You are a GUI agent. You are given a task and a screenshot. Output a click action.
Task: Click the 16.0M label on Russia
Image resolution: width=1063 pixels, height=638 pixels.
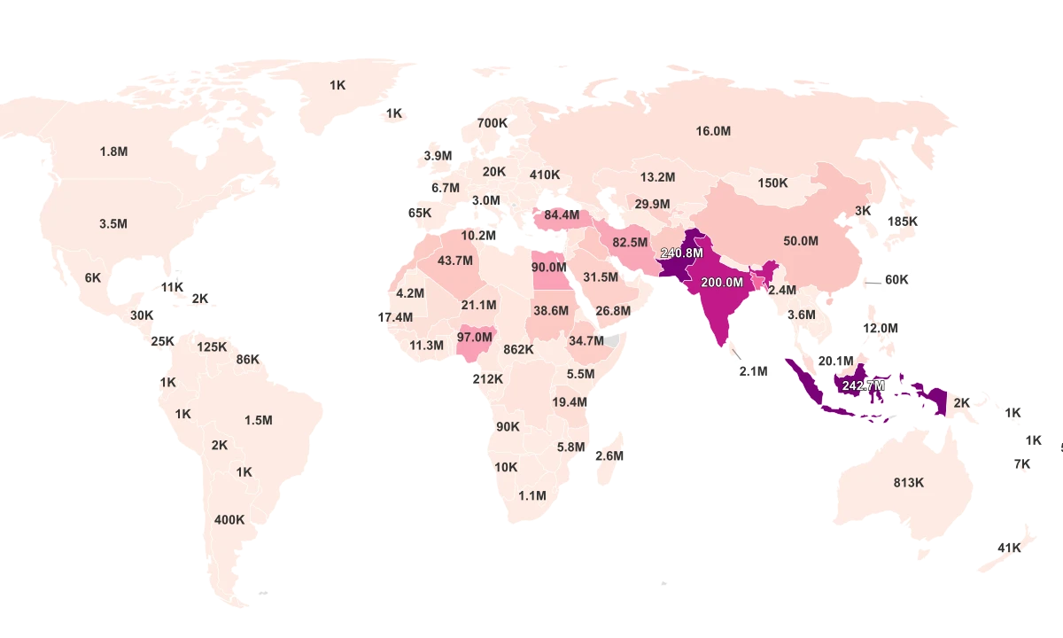(713, 131)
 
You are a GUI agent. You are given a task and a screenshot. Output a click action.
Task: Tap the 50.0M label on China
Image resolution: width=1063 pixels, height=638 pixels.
(801, 241)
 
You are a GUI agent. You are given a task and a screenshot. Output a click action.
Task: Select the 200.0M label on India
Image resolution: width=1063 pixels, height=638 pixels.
(721, 283)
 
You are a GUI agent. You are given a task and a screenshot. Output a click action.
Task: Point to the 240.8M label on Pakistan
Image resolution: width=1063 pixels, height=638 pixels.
(681, 253)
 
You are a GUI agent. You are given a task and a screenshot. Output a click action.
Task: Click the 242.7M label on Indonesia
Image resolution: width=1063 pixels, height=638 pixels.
(863, 386)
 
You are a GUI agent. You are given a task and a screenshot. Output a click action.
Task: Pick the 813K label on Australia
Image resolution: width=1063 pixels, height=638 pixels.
(908, 483)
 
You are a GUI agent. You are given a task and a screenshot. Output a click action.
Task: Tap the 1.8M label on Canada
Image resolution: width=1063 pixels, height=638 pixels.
(113, 152)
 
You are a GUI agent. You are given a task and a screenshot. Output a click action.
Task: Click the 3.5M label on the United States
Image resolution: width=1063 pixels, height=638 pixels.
(113, 224)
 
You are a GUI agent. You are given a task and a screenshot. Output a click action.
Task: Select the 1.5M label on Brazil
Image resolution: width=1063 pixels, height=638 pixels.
(258, 420)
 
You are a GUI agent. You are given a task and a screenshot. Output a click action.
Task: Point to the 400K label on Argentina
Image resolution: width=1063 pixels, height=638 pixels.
(229, 520)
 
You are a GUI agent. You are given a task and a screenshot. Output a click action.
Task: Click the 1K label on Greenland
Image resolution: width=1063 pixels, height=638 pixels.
(338, 85)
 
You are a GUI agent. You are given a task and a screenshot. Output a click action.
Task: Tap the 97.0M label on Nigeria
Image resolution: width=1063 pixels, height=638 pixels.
(474, 338)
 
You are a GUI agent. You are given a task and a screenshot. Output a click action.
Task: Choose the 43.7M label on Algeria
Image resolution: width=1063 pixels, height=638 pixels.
(455, 261)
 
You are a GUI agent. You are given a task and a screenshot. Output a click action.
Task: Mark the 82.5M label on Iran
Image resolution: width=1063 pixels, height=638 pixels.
(630, 243)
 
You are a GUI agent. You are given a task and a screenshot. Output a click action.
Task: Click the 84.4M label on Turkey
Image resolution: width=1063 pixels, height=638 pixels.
(562, 214)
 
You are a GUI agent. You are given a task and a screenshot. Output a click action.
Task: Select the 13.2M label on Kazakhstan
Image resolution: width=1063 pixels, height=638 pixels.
(657, 177)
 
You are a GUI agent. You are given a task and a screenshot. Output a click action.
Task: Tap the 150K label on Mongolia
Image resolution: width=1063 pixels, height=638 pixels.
(772, 183)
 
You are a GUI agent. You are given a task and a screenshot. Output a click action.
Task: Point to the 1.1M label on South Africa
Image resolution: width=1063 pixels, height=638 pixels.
(532, 496)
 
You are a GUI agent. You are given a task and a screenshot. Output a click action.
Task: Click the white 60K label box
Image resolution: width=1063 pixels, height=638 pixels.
(896, 280)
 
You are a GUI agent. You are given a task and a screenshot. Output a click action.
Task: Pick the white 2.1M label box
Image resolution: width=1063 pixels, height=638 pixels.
(753, 372)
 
